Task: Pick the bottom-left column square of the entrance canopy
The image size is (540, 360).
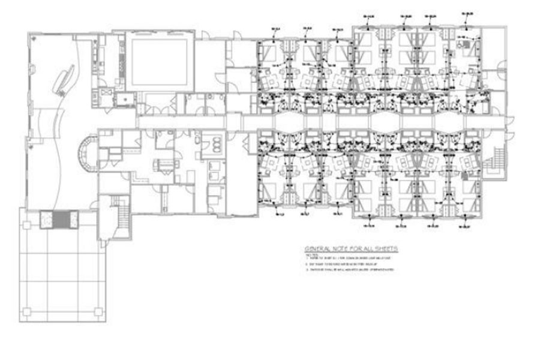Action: (x=26, y=312)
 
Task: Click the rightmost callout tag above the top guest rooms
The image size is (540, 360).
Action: (x=468, y=12)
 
